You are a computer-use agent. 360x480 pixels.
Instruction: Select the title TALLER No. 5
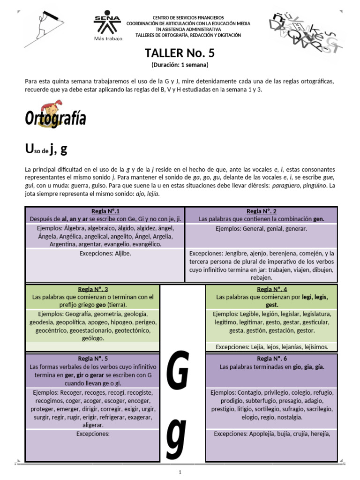(x=180, y=52)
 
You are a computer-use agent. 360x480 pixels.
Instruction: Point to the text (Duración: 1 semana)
(x=180, y=65)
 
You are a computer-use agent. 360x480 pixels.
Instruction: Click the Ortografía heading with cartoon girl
(x=55, y=116)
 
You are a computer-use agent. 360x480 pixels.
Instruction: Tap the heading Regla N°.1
(x=105, y=211)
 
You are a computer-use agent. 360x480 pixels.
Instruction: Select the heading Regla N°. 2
(x=261, y=211)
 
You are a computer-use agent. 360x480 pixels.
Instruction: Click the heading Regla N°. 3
(x=93, y=289)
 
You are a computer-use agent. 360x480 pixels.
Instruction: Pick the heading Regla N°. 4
(x=272, y=289)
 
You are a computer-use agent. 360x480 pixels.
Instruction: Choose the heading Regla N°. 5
(x=93, y=359)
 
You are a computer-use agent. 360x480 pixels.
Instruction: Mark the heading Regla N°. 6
(x=272, y=359)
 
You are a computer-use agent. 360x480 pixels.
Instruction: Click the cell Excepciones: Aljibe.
(x=105, y=253)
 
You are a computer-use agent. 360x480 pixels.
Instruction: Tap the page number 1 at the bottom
(x=180, y=472)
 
